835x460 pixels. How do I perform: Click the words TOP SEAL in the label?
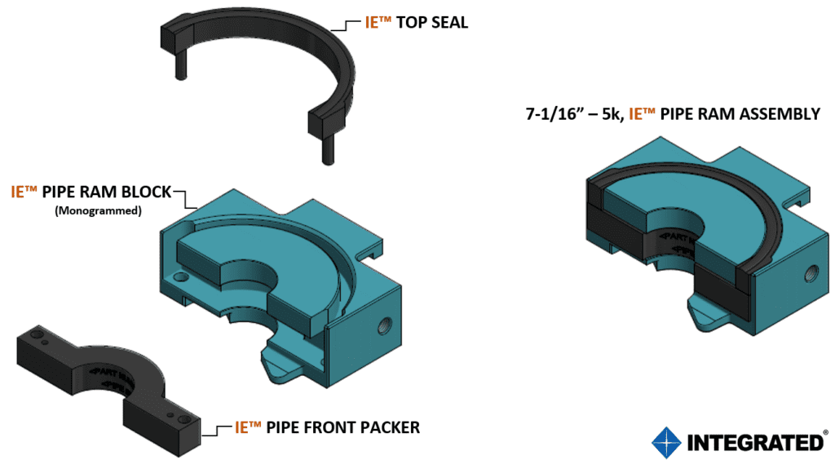click(432, 23)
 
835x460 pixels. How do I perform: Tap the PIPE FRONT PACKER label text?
click(344, 427)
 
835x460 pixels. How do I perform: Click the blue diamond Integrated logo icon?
click(666, 441)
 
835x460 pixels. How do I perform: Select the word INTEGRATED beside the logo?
click(755, 442)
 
